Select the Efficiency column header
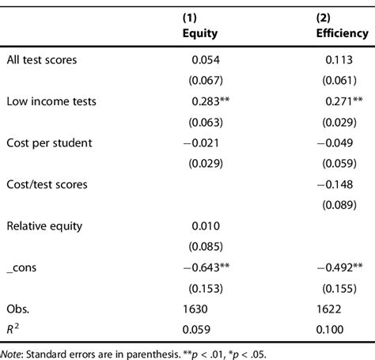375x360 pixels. (337, 36)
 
